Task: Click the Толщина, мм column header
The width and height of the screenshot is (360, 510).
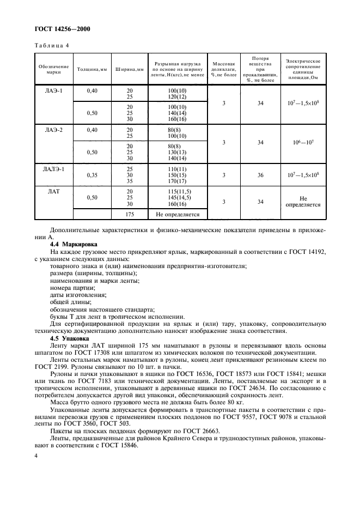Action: [x=91, y=70]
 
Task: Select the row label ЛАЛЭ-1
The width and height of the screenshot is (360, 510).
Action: [x=53, y=169]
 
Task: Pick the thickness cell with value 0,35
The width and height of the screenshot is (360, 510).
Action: [x=91, y=175]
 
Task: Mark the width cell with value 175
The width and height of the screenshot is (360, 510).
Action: [x=129, y=215]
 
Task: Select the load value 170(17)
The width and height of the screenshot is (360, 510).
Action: [x=178, y=181]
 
